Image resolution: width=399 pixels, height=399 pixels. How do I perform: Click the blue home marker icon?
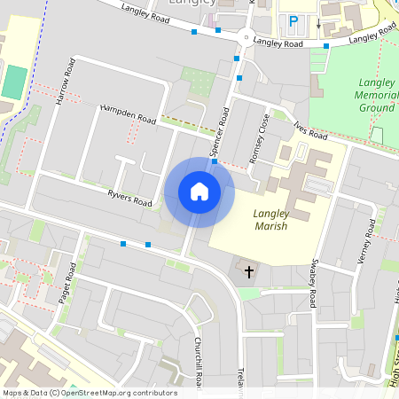(x=199, y=192)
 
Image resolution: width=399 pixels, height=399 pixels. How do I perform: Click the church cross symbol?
(x=249, y=270)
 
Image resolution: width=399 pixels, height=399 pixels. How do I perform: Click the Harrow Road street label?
(x=66, y=84)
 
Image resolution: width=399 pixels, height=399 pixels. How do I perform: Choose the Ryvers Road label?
(x=129, y=197)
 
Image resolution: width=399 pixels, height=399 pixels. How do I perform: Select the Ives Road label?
(x=310, y=131)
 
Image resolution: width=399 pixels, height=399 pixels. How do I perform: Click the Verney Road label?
(x=366, y=244)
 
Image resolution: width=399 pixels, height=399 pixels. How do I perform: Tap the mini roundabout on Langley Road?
(x=244, y=37)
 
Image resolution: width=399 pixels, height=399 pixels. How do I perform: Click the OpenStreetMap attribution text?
(x=89, y=393)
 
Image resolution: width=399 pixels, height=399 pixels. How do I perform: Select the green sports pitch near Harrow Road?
(x=14, y=82)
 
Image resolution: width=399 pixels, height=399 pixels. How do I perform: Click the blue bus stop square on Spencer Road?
(x=215, y=162)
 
